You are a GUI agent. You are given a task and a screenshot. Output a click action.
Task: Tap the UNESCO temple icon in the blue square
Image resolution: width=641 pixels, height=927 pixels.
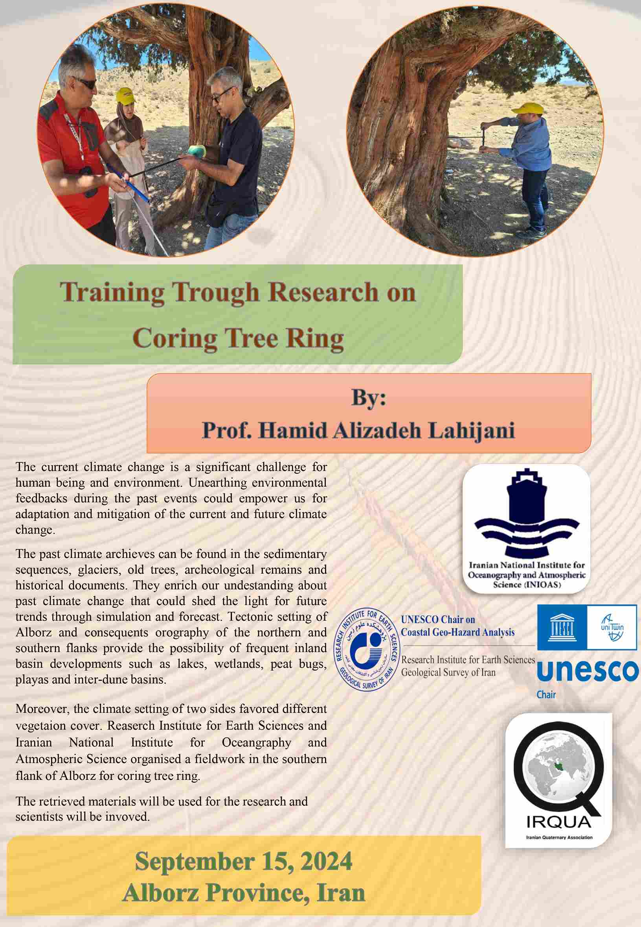tap(562, 627)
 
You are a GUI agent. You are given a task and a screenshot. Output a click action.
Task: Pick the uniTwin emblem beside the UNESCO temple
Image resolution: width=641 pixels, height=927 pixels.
tap(612, 627)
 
